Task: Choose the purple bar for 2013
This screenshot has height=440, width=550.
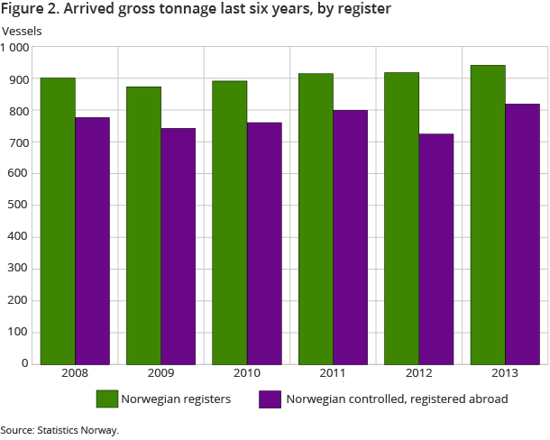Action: pos(522,234)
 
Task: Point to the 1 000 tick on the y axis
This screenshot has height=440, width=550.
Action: pos(15,48)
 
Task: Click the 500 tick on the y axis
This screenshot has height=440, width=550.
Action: pos(19,206)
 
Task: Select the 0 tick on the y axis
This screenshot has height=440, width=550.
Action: pos(26,363)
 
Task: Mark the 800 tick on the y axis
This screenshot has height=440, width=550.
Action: pos(19,111)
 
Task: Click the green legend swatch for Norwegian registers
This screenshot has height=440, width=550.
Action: pos(107,399)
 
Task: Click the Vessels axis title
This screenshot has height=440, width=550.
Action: pos(22,31)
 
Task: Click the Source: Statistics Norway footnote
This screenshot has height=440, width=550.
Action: pos(60,430)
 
